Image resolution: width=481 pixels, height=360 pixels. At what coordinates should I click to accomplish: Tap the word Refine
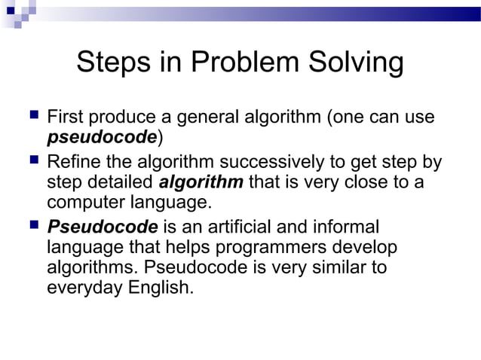point(73,163)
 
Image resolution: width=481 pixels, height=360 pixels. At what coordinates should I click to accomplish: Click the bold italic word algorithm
point(201,182)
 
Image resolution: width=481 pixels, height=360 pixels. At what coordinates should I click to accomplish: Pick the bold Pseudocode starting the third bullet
point(103,227)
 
